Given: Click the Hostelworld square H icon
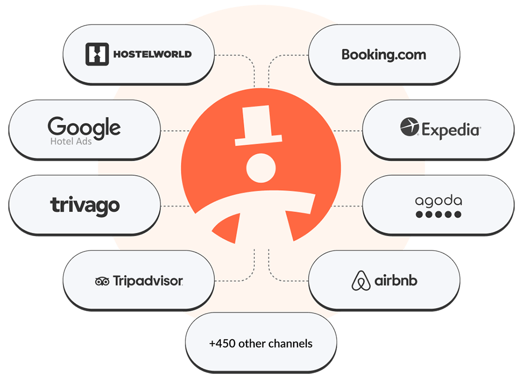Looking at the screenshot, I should click(97, 54).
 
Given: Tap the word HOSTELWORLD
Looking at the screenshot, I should click(152, 54).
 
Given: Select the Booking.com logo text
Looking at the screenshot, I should click(384, 55).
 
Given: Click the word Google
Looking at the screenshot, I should click(84, 126).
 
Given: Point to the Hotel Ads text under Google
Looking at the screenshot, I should click(71, 141).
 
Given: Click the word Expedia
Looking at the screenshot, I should click(451, 129).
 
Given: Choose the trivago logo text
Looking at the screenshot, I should click(85, 205).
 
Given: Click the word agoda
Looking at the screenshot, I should click(438, 200).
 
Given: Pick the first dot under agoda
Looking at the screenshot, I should click(419, 214).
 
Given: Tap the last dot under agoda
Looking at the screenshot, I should click(457, 214).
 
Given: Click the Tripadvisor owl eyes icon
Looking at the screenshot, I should click(102, 281).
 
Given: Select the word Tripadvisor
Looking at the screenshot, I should click(148, 281).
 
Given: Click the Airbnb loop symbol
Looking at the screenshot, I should click(360, 281).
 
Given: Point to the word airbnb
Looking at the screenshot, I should click(396, 281).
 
